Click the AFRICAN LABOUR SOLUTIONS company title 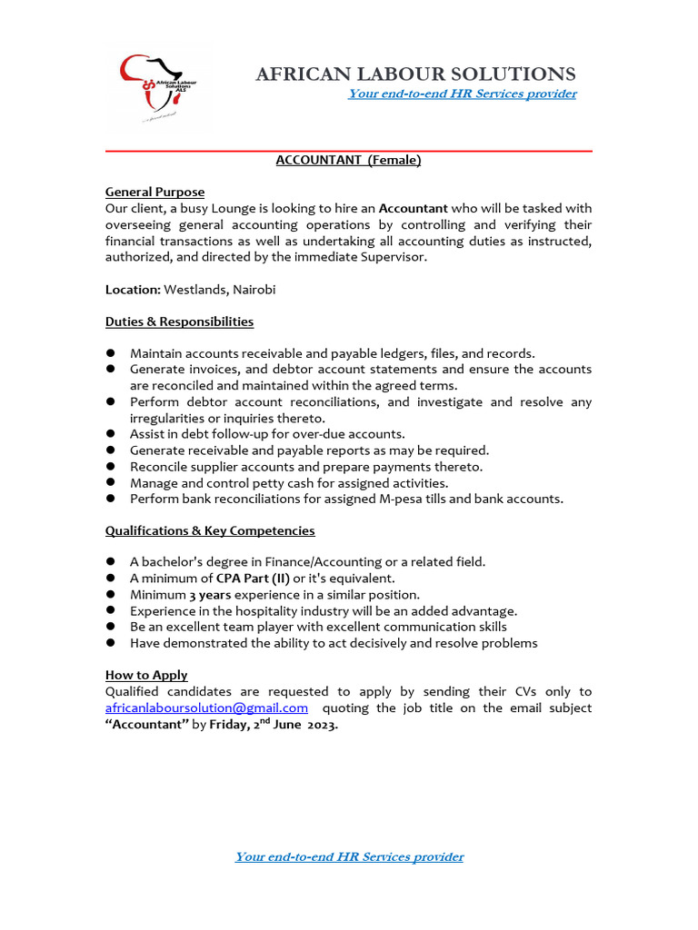point(415,74)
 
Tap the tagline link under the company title point(462,94)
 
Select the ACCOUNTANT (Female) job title point(348,160)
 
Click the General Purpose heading point(155,192)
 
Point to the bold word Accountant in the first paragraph point(413,208)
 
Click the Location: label point(133,290)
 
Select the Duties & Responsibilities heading point(179,322)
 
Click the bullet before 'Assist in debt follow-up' point(110,434)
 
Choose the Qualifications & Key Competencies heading point(210,530)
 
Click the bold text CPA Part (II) point(252,578)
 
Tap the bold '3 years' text point(210,594)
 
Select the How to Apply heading point(146,675)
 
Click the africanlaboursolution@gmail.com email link point(206,707)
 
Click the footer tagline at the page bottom point(349,856)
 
